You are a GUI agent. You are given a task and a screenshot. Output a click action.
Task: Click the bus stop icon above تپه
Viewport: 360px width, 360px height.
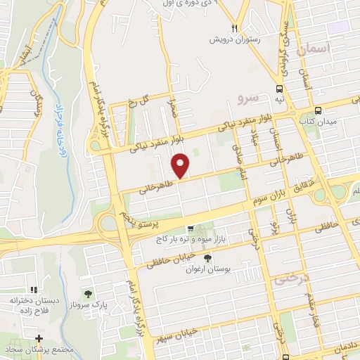pyautogui.click(x=280, y=89)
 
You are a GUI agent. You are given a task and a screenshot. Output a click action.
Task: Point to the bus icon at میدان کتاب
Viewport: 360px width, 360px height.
pyautogui.click(x=319, y=110)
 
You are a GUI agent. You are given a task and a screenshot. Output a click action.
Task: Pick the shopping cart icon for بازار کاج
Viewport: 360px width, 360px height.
pyautogui.click(x=190, y=229)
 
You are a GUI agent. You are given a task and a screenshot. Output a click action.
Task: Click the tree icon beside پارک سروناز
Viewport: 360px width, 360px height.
pyautogui.click(x=87, y=295)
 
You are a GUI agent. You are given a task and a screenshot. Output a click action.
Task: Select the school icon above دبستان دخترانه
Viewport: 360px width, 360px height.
pyautogui.click(x=33, y=290)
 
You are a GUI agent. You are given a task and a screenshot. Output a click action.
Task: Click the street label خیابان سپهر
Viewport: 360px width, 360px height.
pyautogui.click(x=183, y=330)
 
